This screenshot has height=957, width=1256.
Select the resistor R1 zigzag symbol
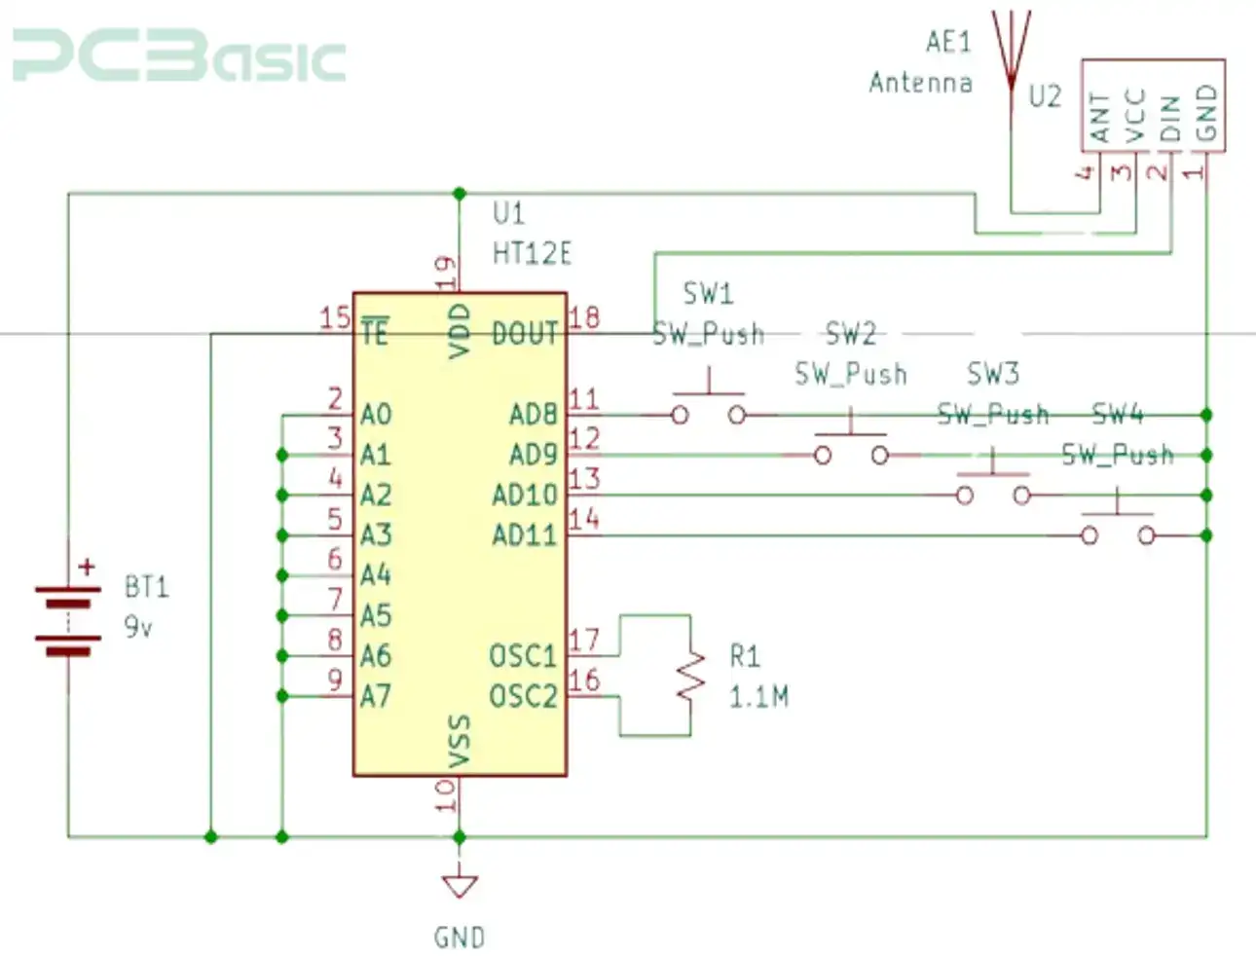pos(690,675)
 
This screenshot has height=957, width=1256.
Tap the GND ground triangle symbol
pos(459,885)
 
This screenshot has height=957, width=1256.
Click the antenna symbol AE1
pos(1011,49)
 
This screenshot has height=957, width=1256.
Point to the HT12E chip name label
pos(532,254)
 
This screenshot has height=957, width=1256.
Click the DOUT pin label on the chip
pos(525,334)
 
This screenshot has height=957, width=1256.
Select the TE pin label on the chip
pos(374,334)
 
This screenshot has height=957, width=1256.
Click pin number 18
pos(584,317)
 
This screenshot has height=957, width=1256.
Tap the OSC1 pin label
pos(523,656)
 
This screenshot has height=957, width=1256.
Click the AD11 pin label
pos(524,535)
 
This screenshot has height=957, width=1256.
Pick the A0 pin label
pos(376,415)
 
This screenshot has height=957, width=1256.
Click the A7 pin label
pos(376,696)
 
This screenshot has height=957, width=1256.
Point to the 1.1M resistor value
pos(758,696)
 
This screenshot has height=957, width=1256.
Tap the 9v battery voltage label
pos(138,627)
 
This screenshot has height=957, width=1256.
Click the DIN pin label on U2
pos(1171,118)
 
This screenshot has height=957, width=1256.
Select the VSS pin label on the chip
pos(460,739)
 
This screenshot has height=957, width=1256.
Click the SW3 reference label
pos(992,374)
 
